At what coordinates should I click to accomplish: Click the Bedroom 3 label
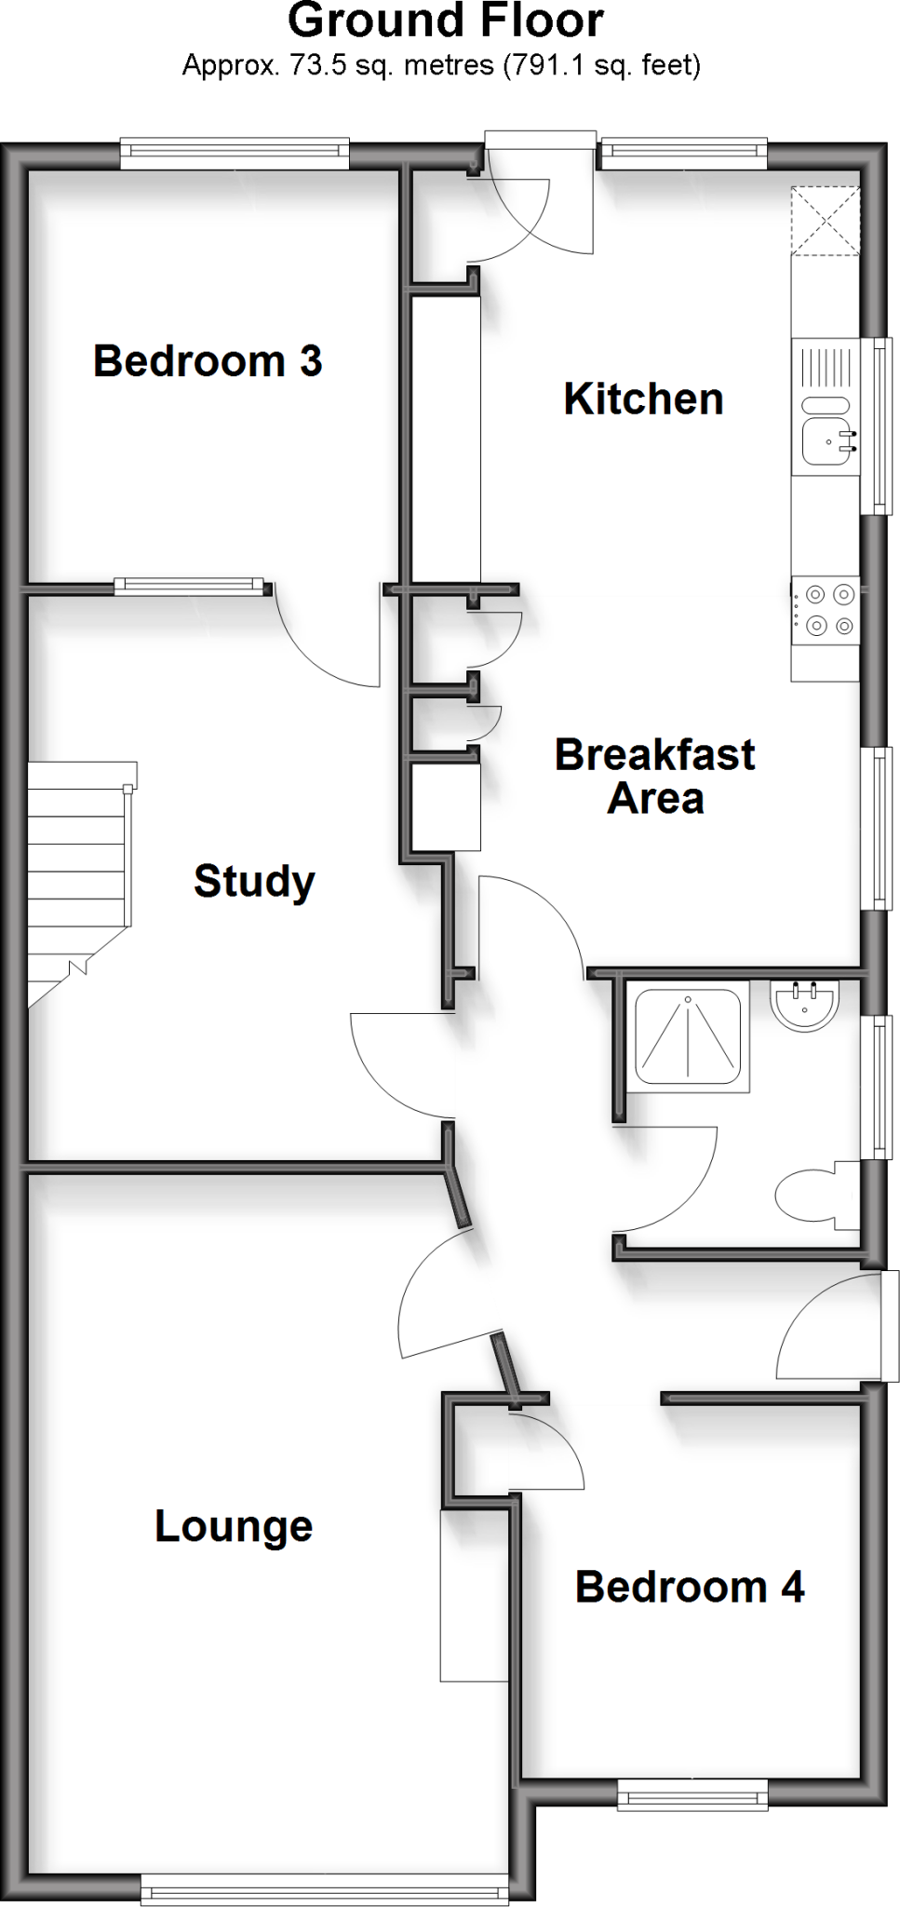(208, 361)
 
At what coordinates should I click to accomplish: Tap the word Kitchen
(643, 399)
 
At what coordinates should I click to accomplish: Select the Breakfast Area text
(654, 777)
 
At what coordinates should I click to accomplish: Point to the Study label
(254, 881)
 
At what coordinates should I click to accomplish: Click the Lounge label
(234, 1526)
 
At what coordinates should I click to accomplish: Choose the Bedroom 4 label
(689, 1587)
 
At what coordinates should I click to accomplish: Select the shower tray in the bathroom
(688, 1036)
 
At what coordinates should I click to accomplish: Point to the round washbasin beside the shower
(805, 1006)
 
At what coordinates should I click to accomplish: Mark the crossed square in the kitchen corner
(826, 221)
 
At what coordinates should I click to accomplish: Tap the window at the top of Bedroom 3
(234, 154)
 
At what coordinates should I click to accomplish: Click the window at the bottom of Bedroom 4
(692, 1793)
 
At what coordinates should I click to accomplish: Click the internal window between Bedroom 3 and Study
(189, 586)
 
